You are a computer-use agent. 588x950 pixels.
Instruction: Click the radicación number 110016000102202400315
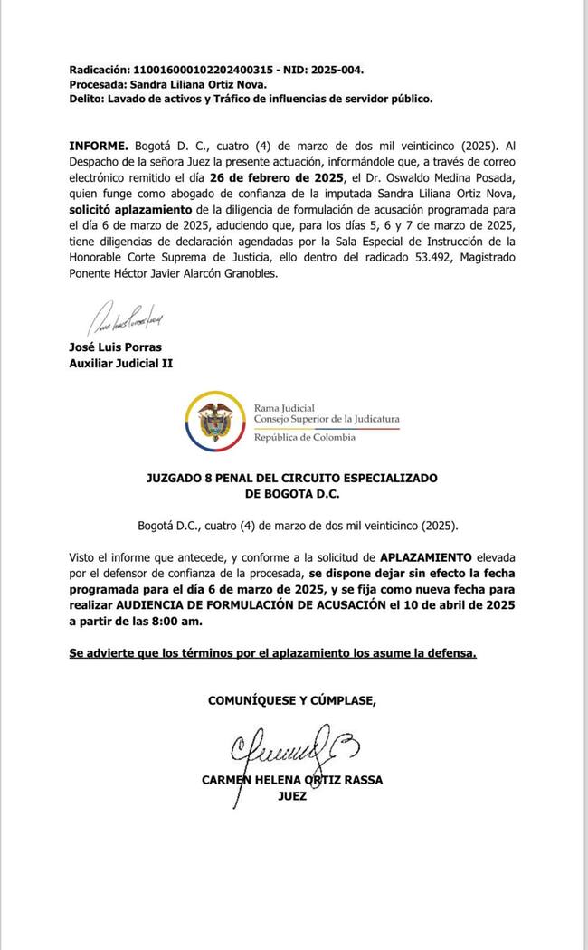(x=204, y=70)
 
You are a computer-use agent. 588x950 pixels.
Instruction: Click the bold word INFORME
(x=99, y=146)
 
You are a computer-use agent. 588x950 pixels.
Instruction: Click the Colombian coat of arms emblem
(x=214, y=417)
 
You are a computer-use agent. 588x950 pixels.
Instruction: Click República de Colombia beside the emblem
(x=305, y=437)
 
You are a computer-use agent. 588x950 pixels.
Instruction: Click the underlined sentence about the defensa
(x=272, y=652)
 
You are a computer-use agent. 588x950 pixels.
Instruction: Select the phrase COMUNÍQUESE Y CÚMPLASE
(x=291, y=699)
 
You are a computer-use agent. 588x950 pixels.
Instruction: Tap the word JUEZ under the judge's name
(x=292, y=796)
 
